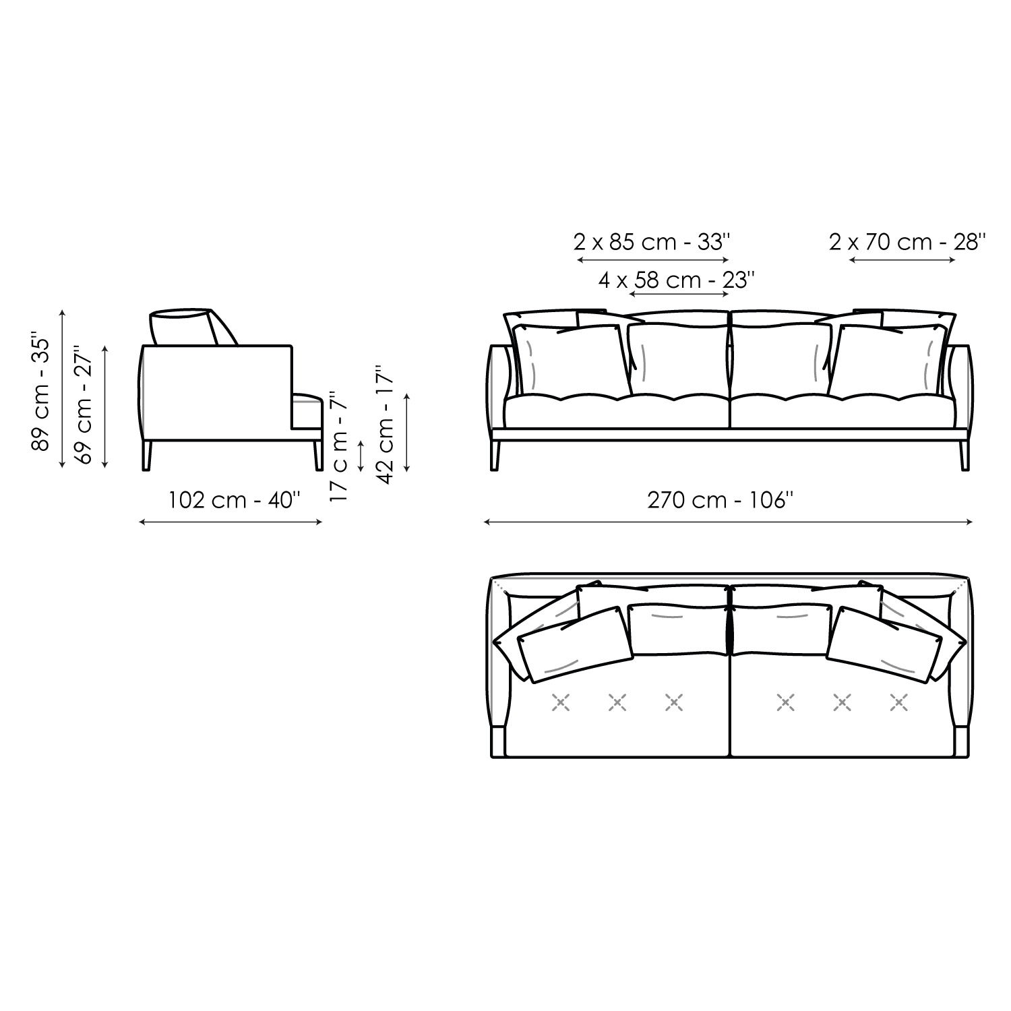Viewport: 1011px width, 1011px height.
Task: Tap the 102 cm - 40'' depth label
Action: (234, 500)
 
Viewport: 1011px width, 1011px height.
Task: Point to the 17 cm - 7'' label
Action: (339, 446)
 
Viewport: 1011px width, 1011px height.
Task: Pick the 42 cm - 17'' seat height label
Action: (386, 425)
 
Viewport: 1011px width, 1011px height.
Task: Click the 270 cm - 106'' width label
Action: (721, 500)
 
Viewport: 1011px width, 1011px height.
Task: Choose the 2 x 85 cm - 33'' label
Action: (652, 241)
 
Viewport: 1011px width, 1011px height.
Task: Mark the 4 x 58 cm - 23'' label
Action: (677, 280)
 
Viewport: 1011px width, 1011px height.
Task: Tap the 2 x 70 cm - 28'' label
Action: (908, 241)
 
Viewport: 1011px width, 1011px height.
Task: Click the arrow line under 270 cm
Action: (728, 521)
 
